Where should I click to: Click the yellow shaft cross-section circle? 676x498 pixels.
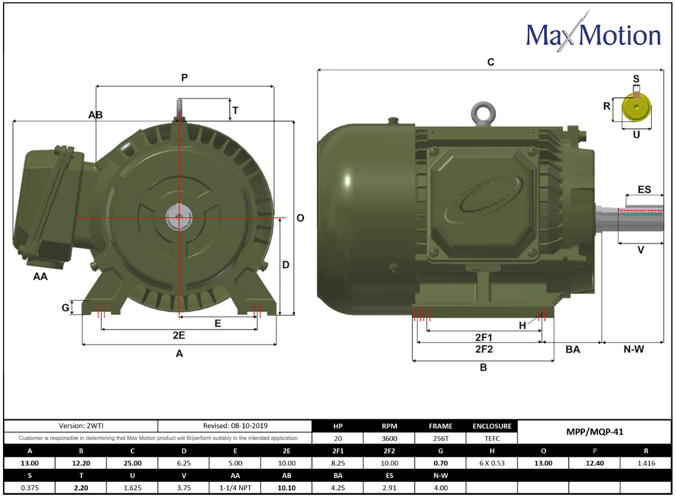[x=636, y=109]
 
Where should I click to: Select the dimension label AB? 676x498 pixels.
[x=95, y=115]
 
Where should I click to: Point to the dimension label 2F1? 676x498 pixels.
[x=483, y=337]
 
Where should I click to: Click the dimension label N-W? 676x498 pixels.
[x=634, y=349]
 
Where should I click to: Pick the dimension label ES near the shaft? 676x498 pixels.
[x=644, y=190]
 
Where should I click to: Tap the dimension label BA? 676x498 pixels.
[x=572, y=349]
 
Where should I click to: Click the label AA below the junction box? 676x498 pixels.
[x=40, y=277]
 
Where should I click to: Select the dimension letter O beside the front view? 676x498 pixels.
[x=300, y=218]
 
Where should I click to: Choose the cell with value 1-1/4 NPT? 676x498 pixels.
[x=235, y=486]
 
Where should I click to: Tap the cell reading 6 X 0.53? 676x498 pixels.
[x=492, y=463]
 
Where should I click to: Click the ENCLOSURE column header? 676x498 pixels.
[x=492, y=426]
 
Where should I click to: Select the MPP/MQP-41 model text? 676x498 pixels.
[x=595, y=432]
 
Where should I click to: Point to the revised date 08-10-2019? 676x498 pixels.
[x=235, y=426]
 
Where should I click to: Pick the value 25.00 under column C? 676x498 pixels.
[x=132, y=463]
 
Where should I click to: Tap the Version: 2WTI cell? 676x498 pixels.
[x=81, y=426]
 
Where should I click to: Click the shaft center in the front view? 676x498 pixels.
[x=179, y=217]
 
